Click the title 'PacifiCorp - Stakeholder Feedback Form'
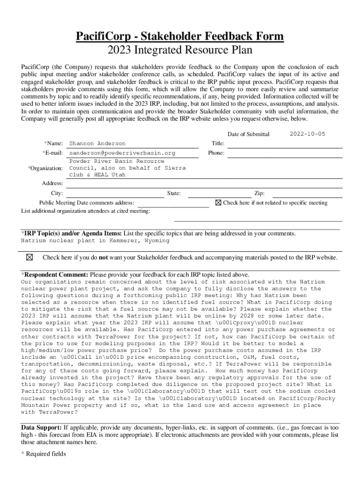[x=180, y=36]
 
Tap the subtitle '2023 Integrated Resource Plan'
[x=180, y=50]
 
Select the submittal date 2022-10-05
[x=307, y=134]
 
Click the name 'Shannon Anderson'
[x=97, y=144]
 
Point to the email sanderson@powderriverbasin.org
[x=122, y=153]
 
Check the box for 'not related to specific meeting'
[x=218, y=203]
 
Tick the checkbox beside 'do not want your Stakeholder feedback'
[x=29, y=257]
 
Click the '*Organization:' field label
[x=45, y=168]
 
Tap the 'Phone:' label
[x=216, y=153]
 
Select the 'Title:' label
[x=218, y=143]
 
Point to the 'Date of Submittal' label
[x=248, y=134]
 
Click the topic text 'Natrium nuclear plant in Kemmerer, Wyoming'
[x=95, y=241]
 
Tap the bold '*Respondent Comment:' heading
[x=55, y=275]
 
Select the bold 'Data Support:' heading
[x=41, y=428]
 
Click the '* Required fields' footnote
[x=43, y=454]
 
